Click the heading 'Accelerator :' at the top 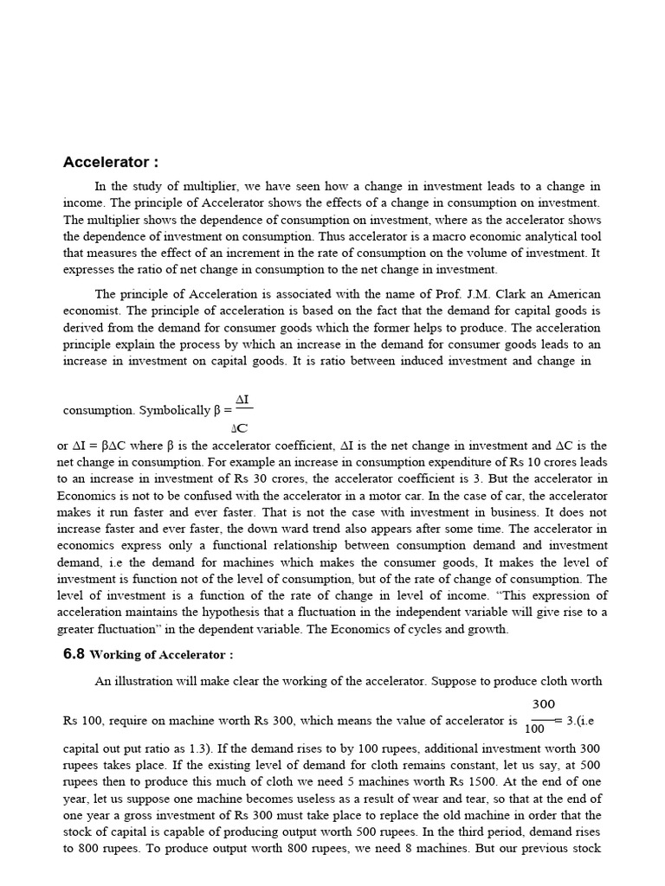click(x=111, y=163)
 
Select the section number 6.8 click(x=74, y=654)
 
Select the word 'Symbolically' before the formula click(x=174, y=410)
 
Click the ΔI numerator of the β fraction click(x=242, y=398)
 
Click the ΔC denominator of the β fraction click(x=242, y=427)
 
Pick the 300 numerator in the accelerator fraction click(x=544, y=704)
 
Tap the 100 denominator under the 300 click(x=535, y=729)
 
